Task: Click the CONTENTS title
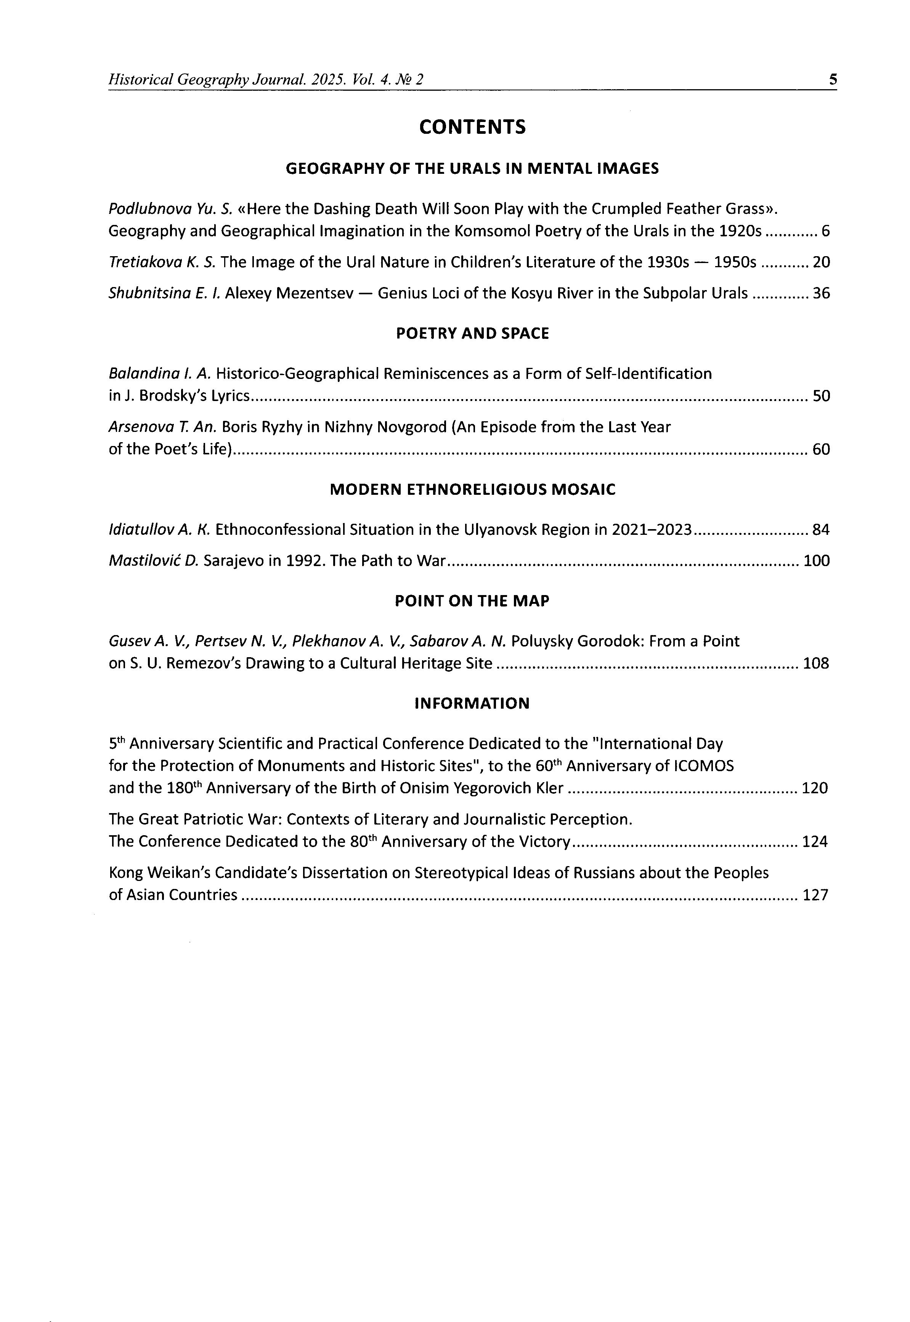[x=472, y=127]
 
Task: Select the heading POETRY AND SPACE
[x=472, y=334]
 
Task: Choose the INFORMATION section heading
[x=472, y=703]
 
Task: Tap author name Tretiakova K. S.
[x=162, y=262]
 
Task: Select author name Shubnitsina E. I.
[x=164, y=293]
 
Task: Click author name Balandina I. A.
[x=160, y=374]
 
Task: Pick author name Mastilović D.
[x=153, y=561]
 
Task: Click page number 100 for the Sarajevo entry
[x=816, y=561]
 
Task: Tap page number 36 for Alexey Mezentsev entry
[x=821, y=293]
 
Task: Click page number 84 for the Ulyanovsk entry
[x=821, y=530]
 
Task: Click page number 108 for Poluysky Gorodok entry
[x=816, y=664]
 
